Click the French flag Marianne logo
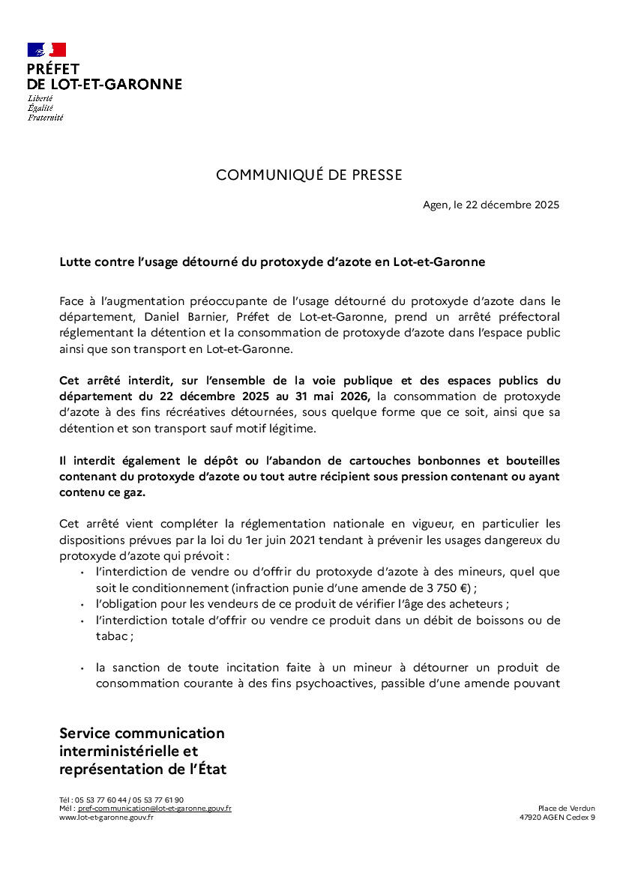point(46,50)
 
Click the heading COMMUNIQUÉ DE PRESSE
point(309,175)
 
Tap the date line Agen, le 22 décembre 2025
point(491,205)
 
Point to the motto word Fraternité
point(46,118)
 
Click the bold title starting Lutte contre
point(272,262)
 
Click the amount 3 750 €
point(446,587)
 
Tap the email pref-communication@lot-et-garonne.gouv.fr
point(154,809)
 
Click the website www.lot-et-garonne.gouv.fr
point(106,817)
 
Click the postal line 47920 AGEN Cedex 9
point(557,817)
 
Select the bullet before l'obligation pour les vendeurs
point(81,604)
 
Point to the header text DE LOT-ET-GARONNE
point(104,85)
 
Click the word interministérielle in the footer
point(129,751)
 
